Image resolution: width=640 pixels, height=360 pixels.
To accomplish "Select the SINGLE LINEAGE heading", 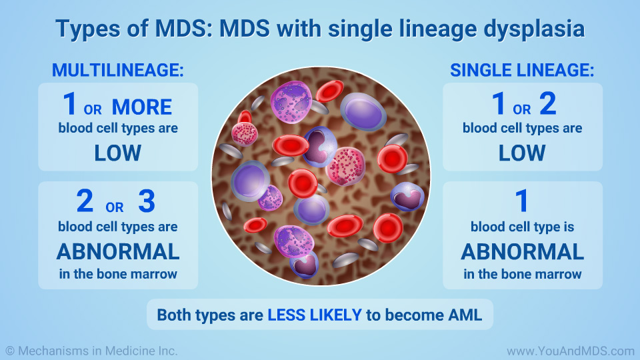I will [x=522, y=69].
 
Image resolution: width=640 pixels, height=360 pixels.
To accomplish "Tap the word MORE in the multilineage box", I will [x=142, y=107].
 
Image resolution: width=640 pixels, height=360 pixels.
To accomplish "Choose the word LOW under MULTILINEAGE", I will [x=118, y=153].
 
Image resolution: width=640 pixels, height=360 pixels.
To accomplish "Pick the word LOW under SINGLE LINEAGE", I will [x=522, y=153].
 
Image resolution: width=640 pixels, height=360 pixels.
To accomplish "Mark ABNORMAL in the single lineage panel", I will [x=522, y=252].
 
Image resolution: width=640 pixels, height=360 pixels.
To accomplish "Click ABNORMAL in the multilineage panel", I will [x=118, y=252].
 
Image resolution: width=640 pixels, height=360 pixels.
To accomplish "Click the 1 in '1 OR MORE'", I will [x=70, y=105].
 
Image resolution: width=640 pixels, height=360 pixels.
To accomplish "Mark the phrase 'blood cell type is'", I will [x=522, y=227].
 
